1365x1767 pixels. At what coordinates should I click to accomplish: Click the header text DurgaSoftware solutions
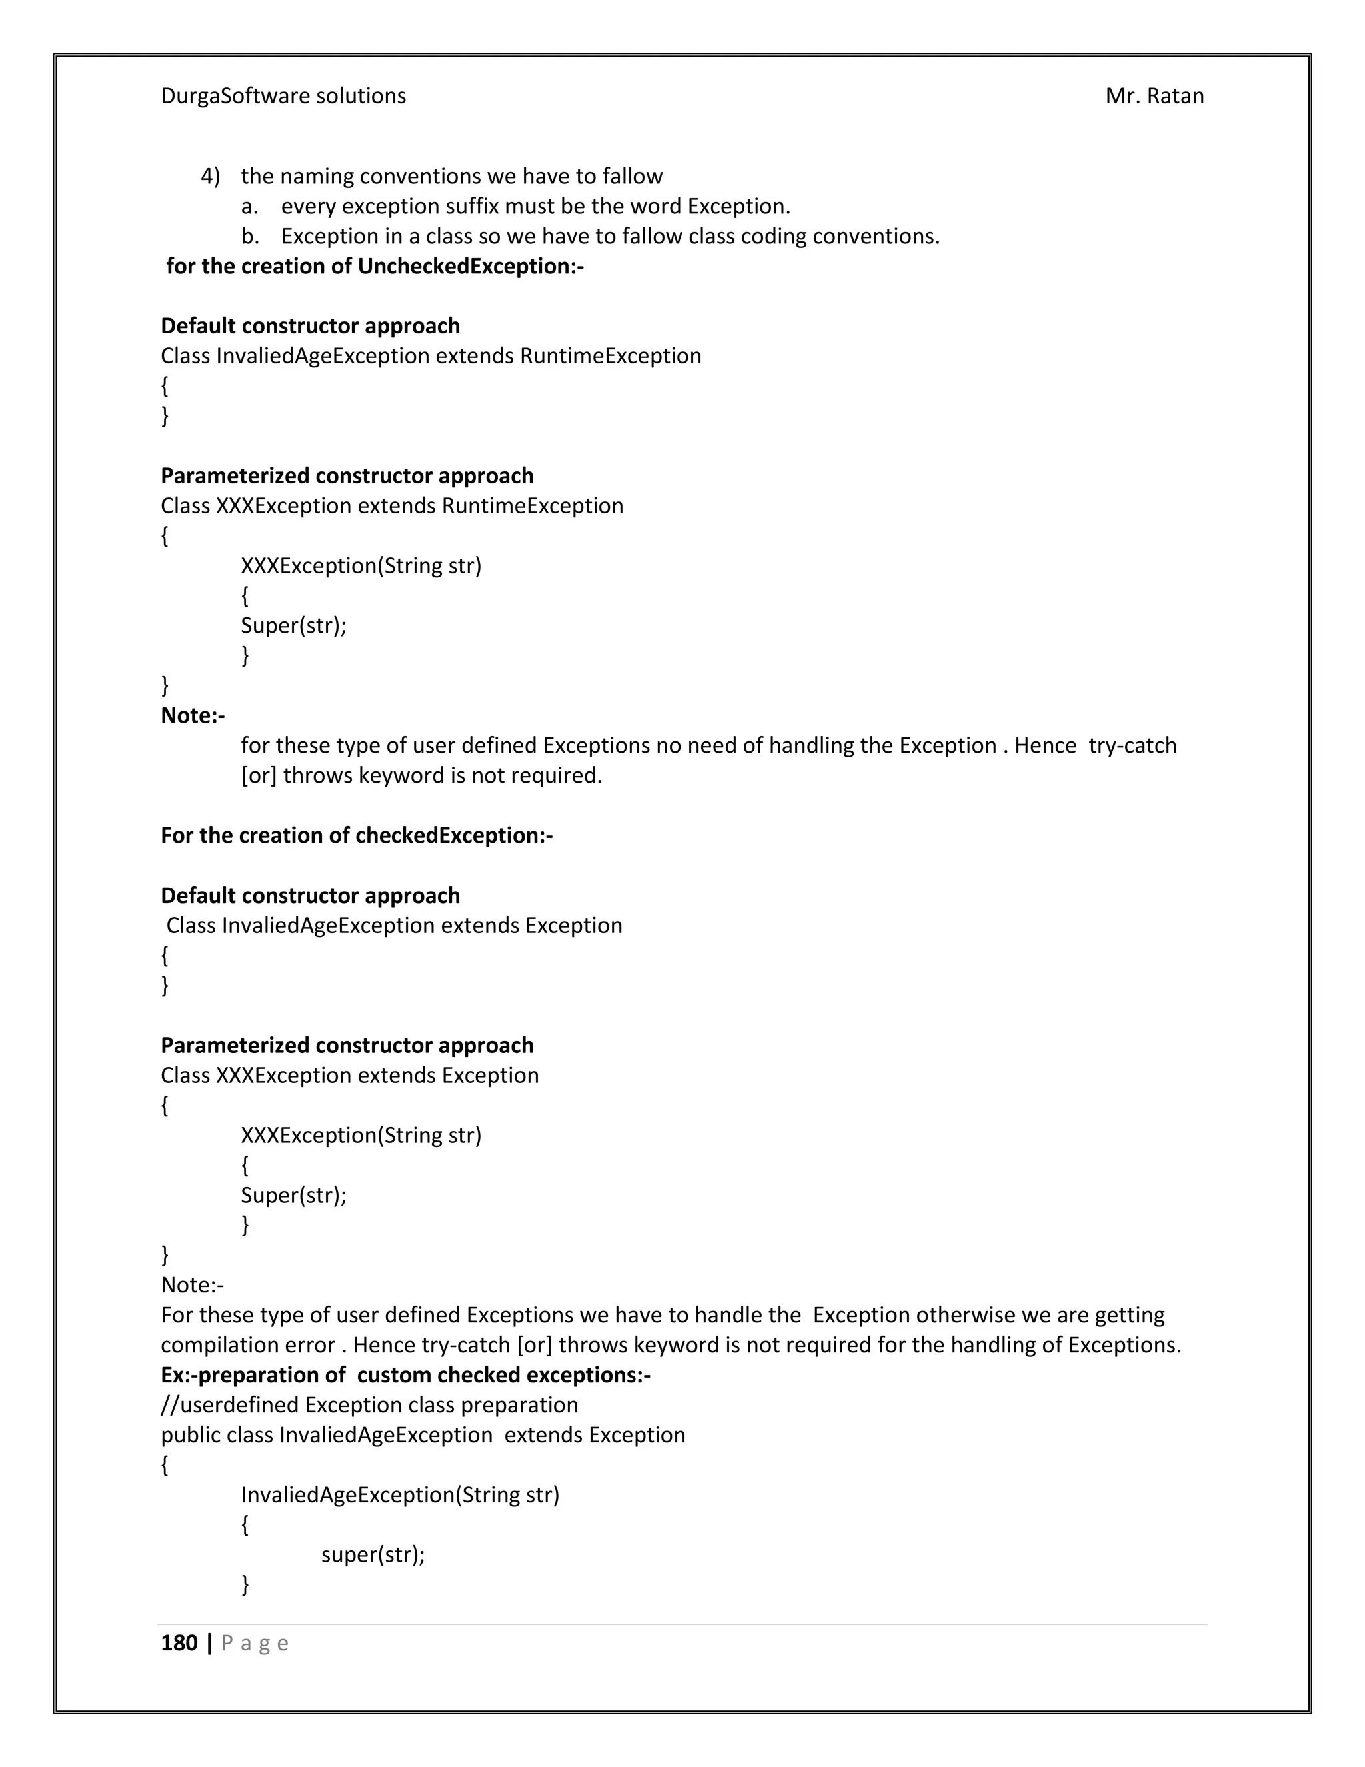pos(283,96)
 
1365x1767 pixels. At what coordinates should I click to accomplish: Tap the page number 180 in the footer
pos(179,1642)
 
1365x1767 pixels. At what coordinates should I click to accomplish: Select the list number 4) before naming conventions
pos(210,177)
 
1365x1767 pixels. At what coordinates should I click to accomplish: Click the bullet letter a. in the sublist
pos(250,206)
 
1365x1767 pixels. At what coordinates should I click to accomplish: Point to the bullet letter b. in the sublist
pos(250,236)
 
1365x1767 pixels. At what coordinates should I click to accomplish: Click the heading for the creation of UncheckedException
pos(375,266)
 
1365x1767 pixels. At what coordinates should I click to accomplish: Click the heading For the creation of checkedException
pos(357,835)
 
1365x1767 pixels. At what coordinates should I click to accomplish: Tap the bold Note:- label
pos(193,715)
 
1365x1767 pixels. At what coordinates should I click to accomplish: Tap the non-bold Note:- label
pos(193,1285)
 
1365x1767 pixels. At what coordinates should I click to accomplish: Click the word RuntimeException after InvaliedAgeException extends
pos(611,356)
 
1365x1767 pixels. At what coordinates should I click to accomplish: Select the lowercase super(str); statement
pos(373,1554)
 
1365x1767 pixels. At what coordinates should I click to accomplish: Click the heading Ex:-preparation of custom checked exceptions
pos(405,1375)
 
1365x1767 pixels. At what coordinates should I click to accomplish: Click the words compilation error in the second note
pos(247,1345)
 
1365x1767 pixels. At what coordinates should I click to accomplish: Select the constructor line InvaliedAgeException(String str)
pos(399,1494)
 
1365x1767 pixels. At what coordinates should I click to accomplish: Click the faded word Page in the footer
pos(255,1643)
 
